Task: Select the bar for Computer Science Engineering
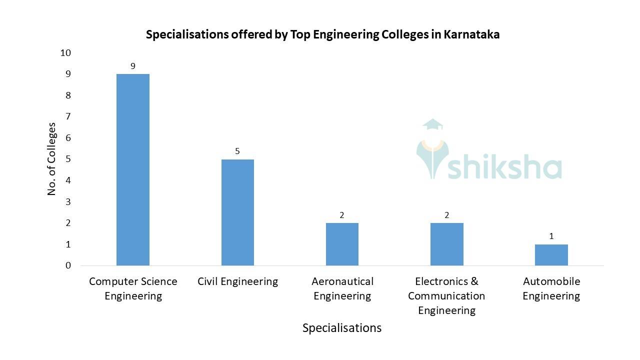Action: pos(133,170)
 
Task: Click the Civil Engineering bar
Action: pos(237,212)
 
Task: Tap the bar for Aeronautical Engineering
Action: pos(342,244)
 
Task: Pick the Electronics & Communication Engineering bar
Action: pos(446,244)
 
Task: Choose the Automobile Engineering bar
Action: pos(551,255)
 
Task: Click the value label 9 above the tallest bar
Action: pos(133,66)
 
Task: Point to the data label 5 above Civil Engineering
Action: pos(237,151)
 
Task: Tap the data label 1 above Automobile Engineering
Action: pos(551,236)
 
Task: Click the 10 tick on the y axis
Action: pos(65,53)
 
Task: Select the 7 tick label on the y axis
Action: pos(68,116)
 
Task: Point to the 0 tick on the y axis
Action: pos(68,265)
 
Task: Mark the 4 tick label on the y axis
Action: pos(68,180)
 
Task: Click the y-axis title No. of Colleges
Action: pos(52,158)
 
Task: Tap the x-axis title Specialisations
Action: pos(342,328)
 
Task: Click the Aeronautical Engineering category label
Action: pos(342,288)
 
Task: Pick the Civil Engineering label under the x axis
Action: pos(237,281)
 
